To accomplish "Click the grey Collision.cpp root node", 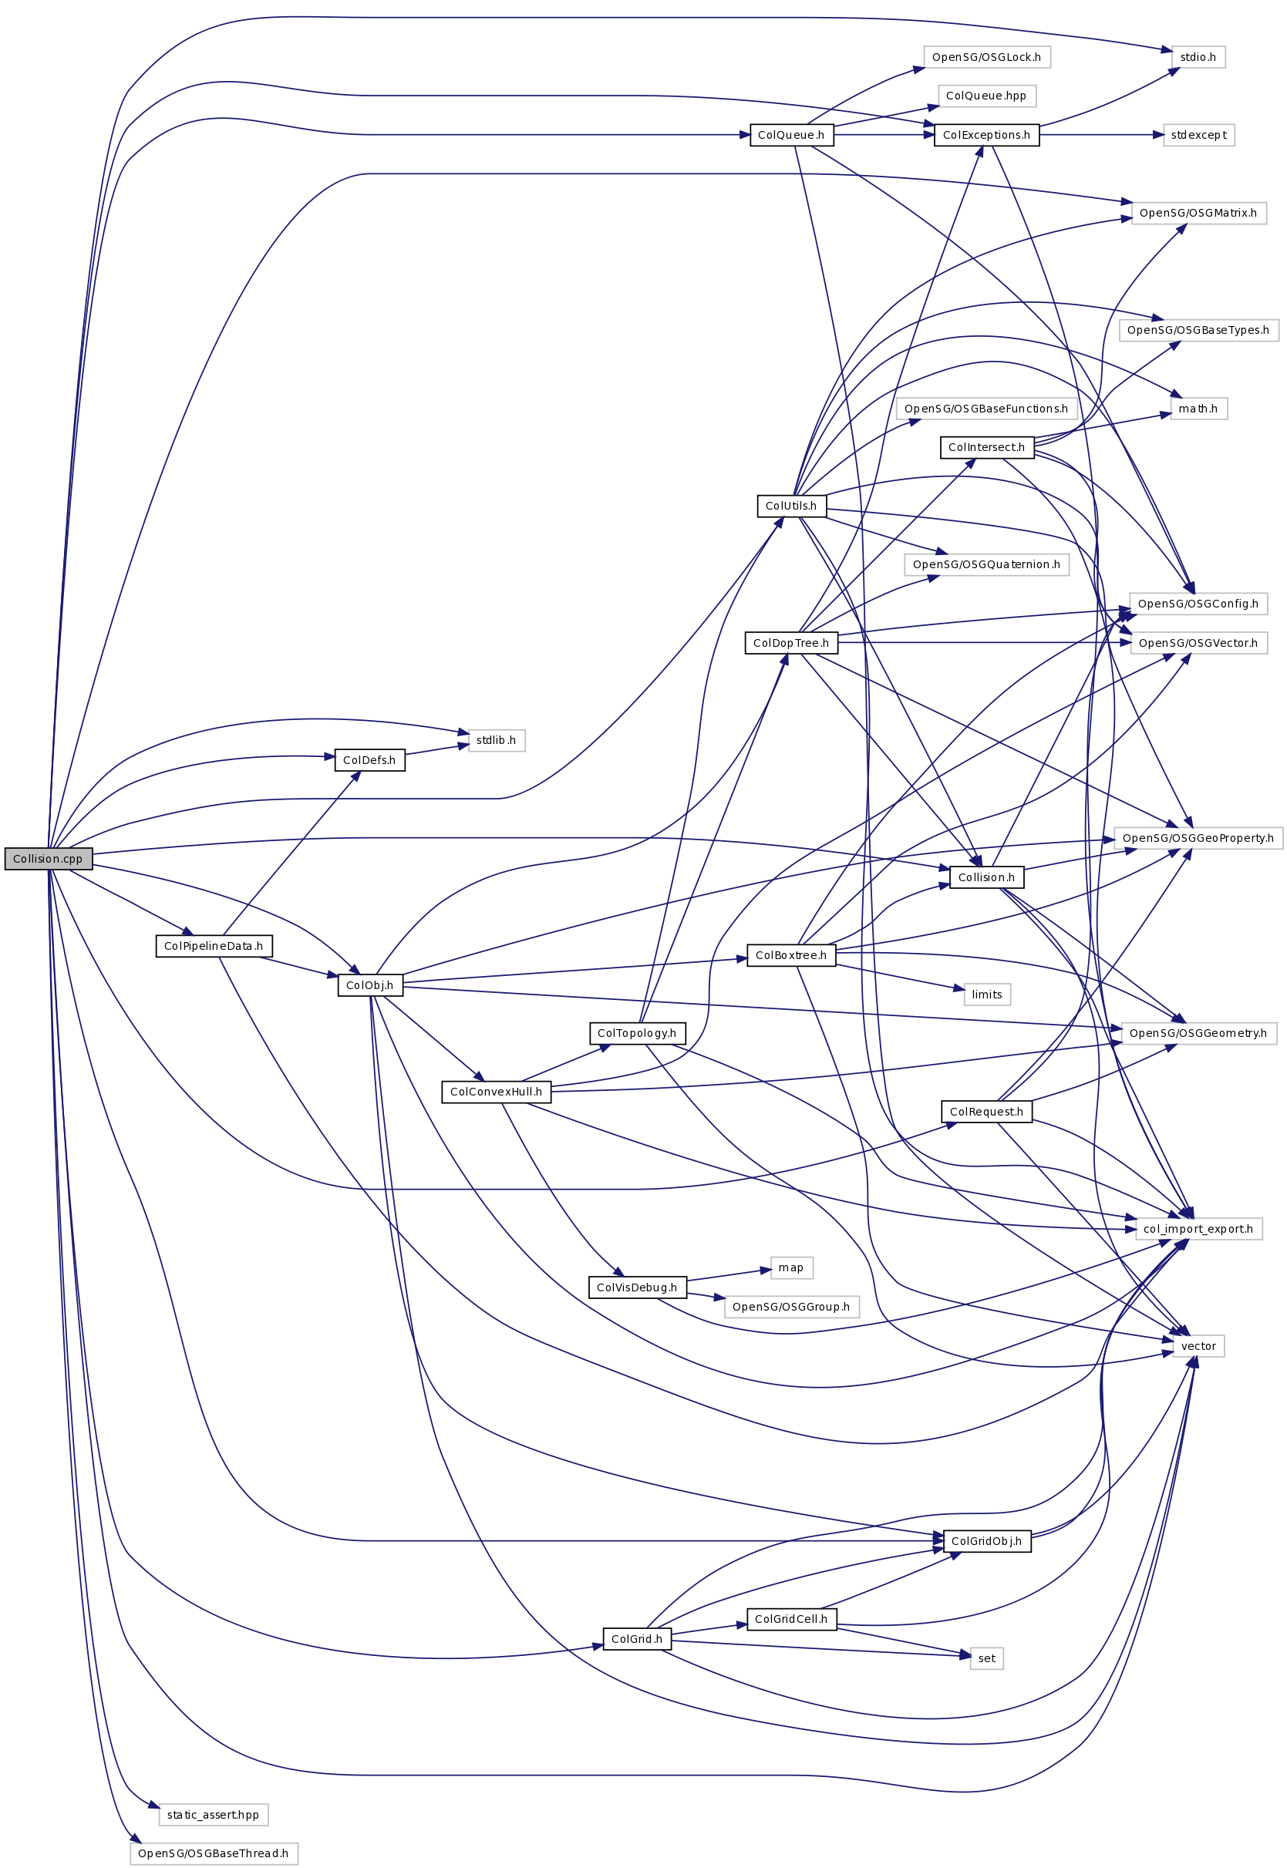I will (x=49, y=859).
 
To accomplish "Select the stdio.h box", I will (x=1198, y=57).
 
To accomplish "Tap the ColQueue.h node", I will (x=791, y=135).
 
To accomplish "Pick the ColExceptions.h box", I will (x=986, y=135).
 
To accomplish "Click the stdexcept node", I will (x=1198, y=135).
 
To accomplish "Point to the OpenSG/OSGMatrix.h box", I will (x=1198, y=213).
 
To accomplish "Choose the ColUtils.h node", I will (x=791, y=506).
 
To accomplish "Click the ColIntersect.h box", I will (x=986, y=446).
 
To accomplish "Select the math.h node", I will (x=1198, y=409).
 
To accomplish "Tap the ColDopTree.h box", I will (x=791, y=642).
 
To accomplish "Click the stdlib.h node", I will (x=496, y=740).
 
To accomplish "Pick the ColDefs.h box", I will (x=369, y=759).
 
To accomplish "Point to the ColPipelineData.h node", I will (x=214, y=946).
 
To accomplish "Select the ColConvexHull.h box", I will (x=496, y=1092).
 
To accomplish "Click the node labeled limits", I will (x=986, y=994).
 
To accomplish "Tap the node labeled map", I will (x=791, y=1267).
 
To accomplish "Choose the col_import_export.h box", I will (x=1198, y=1229).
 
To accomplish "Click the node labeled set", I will (x=986, y=1658).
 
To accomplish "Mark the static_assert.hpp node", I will (x=214, y=1814).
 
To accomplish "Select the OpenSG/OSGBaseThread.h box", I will (x=214, y=1853).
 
